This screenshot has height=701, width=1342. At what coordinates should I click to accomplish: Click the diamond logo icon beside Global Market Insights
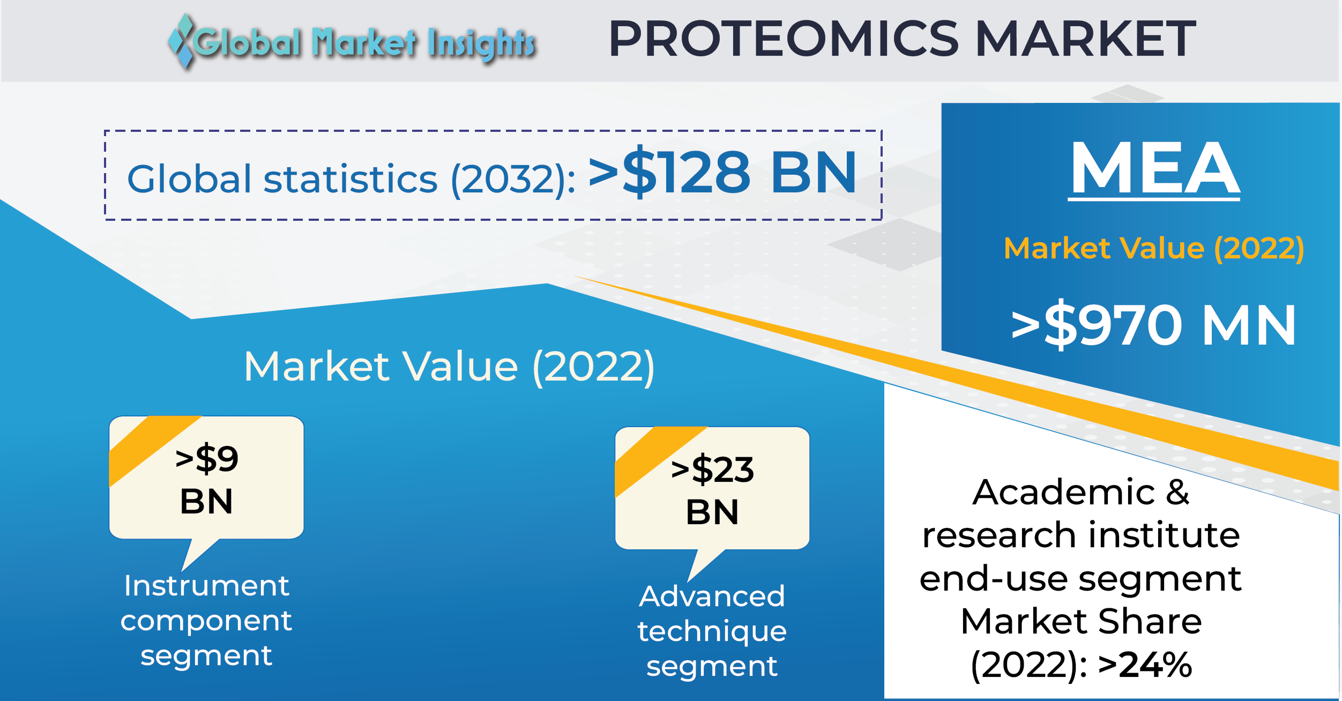tap(181, 42)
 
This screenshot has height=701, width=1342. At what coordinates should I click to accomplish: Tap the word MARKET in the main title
tap(1086, 39)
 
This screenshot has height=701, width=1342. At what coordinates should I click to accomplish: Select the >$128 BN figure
tap(722, 172)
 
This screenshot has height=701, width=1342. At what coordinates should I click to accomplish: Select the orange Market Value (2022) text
tap(1154, 249)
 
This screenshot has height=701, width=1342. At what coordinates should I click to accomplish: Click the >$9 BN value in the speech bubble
tap(206, 479)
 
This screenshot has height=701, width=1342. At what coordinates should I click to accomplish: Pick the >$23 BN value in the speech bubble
tap(712, 490)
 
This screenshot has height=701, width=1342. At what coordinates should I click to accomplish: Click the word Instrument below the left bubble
tap(206, 585)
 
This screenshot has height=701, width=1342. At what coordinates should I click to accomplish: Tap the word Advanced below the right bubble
tap(712, 596)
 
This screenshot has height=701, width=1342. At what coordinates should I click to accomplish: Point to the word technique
tap(712, 632)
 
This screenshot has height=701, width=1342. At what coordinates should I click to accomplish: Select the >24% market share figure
tap(1145, 665)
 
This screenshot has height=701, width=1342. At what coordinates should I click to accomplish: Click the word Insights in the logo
tap(481, 43)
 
